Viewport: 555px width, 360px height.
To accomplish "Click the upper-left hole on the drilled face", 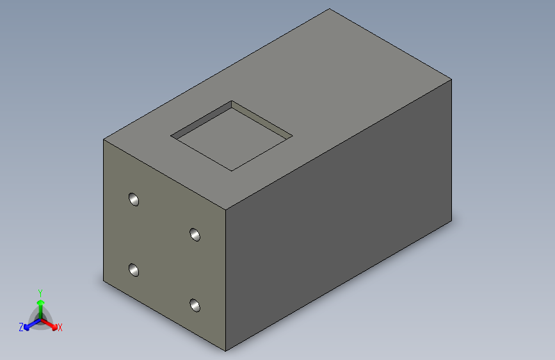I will tap(134, 199).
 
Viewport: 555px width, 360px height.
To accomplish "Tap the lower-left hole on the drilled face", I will tap(134, 270).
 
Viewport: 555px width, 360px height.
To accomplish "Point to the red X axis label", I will tap(60, 327).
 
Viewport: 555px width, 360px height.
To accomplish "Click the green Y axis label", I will tap(40, 292).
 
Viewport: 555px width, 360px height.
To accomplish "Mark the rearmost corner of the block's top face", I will tap(330, 9).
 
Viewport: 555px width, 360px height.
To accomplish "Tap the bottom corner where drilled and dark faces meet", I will tap(226, 351).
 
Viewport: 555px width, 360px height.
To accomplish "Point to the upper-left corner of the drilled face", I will tap(104, 139).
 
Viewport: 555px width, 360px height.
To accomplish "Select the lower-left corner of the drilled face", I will tap(104, 281).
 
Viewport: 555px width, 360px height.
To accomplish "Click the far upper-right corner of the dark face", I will tap(451, 79).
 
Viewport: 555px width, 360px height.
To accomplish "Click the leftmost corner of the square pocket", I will tap(171, 136).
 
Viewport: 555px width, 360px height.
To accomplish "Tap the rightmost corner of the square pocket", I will tap(293, 136).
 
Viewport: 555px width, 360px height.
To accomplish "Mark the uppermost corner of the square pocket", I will tap(232, 101).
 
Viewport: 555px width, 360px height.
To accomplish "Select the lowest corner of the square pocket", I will tap(231, 171).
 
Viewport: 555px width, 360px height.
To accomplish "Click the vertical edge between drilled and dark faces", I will tap(226, 282).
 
